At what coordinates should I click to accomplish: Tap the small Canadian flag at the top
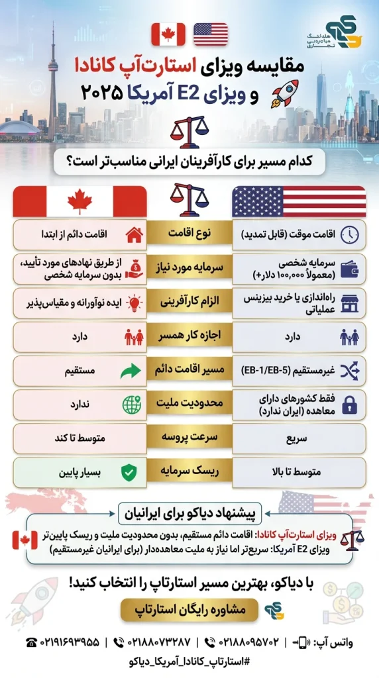[168, 34]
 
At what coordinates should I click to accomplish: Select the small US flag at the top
[211, 34]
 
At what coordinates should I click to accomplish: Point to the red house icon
[134, 234]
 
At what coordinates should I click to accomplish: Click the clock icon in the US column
[351, 234]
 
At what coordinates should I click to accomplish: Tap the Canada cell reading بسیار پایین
[80, 472]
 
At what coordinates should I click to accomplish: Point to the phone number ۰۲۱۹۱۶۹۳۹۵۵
[63, 642]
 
